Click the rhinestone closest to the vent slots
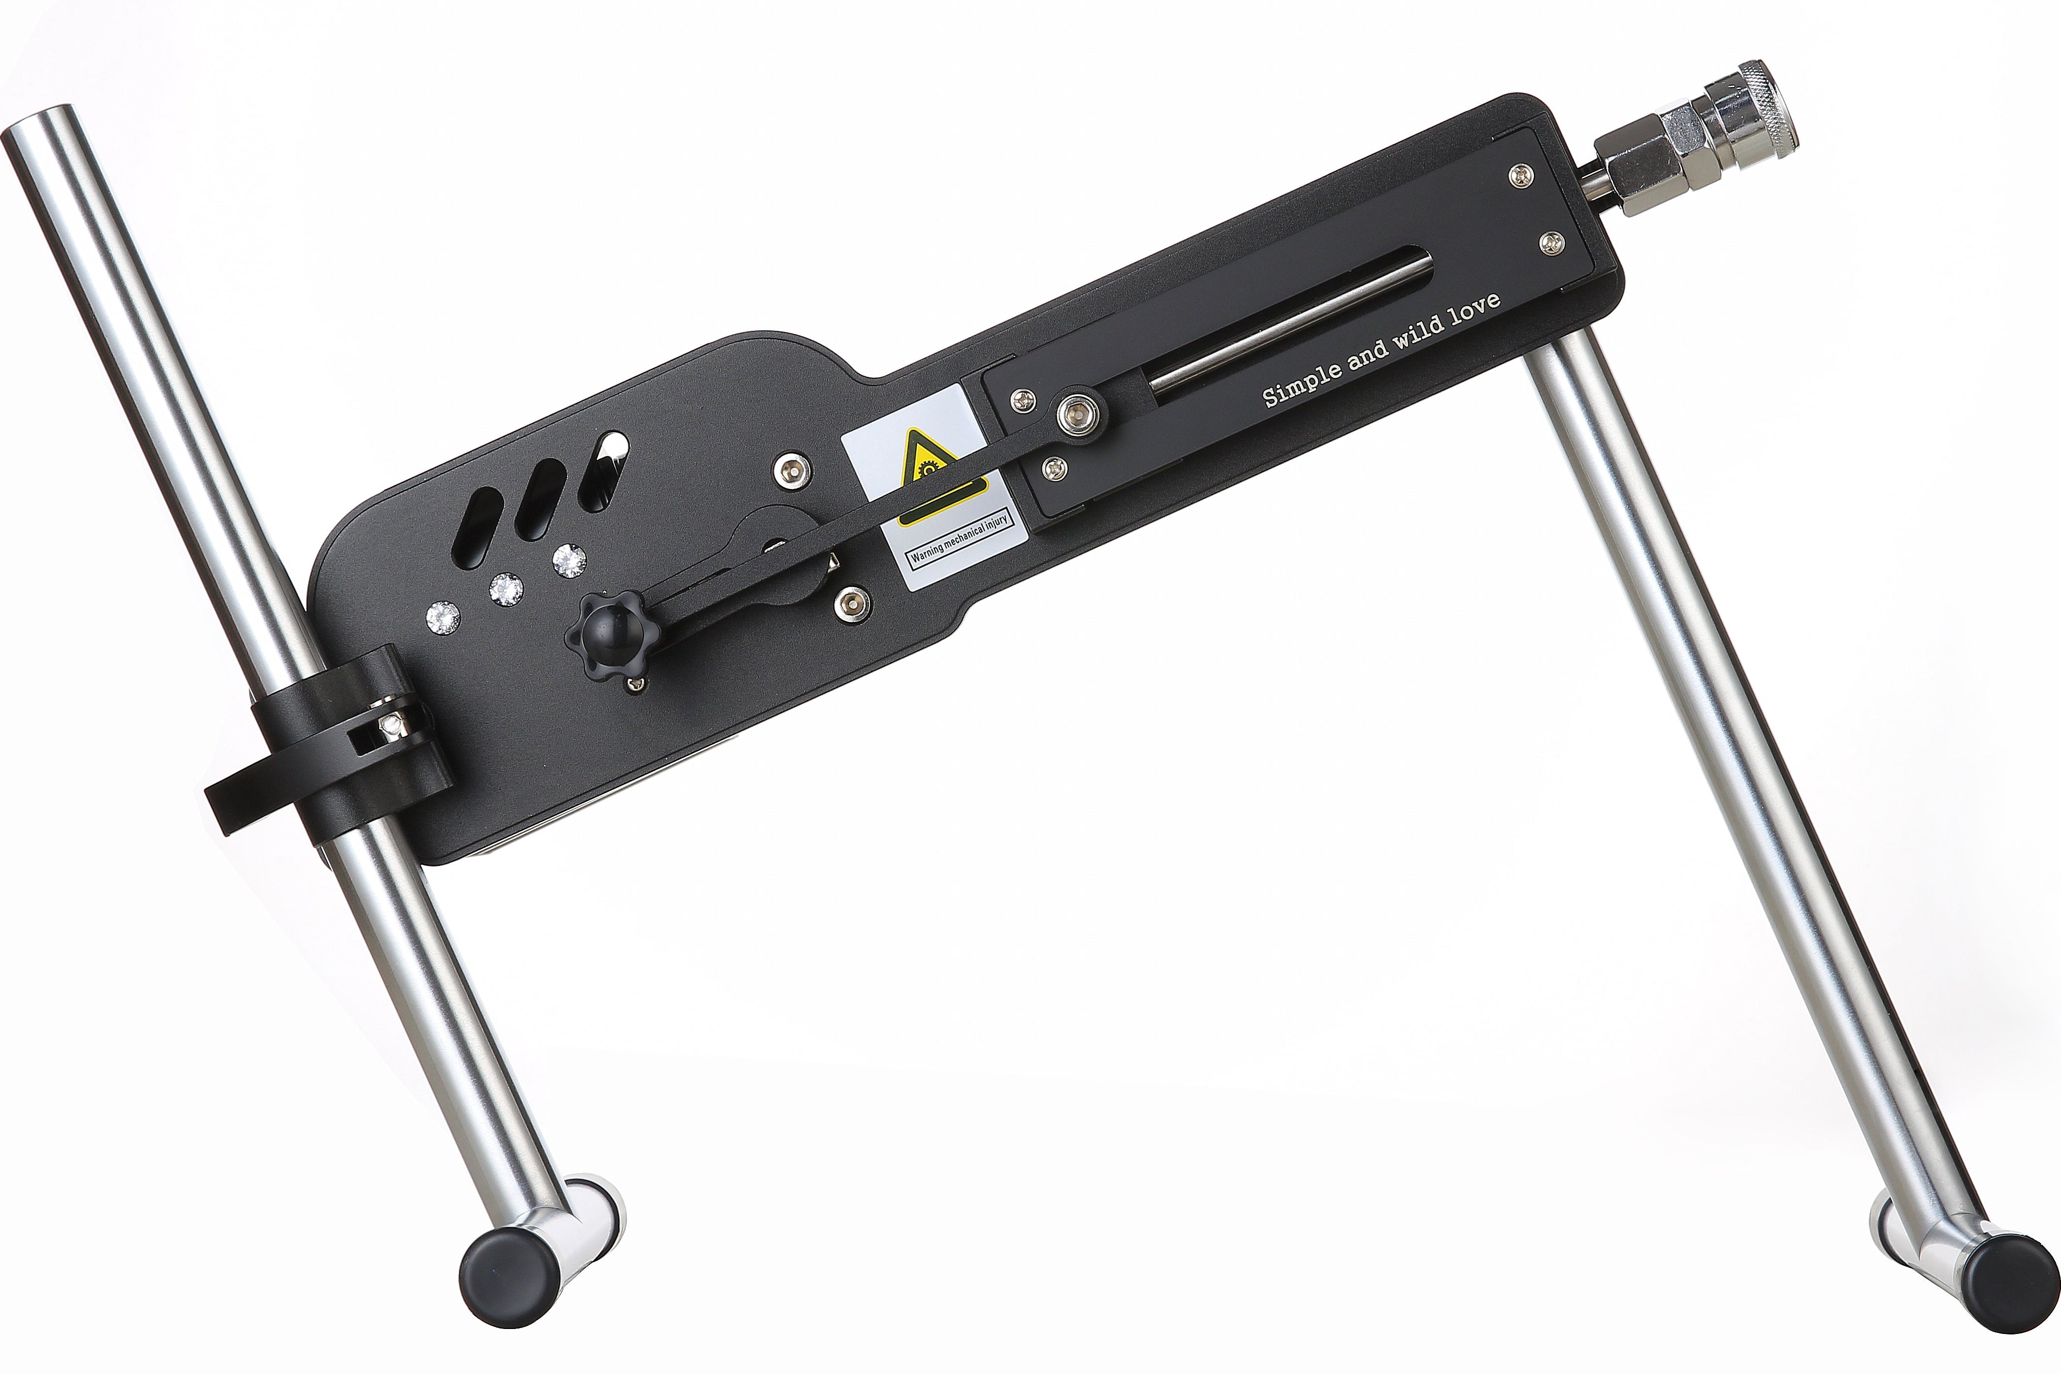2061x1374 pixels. point(571,557)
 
